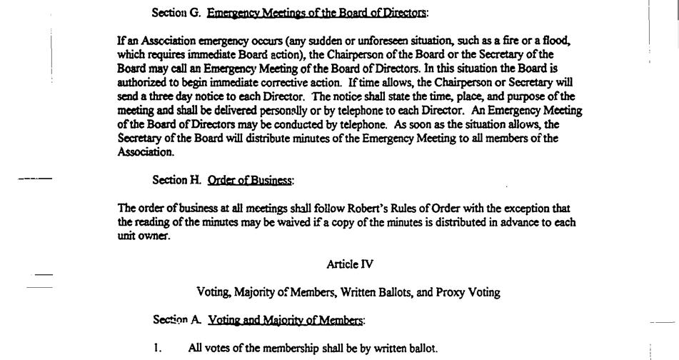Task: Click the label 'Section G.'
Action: (176, 12)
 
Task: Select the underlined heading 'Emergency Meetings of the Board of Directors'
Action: (316, 12)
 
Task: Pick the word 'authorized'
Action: (141, 82)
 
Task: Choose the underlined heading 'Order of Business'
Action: (249, 180)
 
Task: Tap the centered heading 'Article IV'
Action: (350, 264)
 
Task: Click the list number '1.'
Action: (158, 348)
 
